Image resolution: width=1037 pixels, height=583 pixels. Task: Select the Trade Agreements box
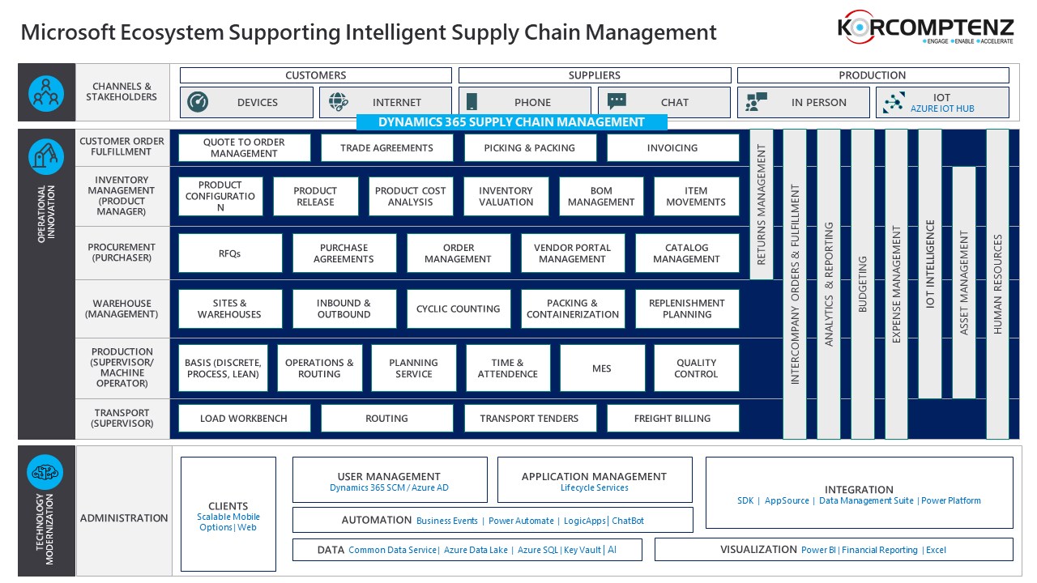[x=386, y=148]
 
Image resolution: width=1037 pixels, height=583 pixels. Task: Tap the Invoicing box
[x=672, y=148]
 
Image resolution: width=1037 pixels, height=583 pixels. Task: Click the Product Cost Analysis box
[x=411, y=197]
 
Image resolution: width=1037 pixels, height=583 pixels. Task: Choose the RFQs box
[x=230, y=253]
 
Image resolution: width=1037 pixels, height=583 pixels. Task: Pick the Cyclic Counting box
[x=458, y=309]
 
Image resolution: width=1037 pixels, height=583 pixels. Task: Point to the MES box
[x=602, y=368]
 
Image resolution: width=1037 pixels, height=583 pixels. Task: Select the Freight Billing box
[x=672, y=419]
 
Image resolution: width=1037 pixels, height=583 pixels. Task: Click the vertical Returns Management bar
[x=761, y=204]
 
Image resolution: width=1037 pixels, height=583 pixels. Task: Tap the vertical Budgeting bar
[x=863, y=283]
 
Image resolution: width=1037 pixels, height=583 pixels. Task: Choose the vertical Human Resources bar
[x=998, y=283]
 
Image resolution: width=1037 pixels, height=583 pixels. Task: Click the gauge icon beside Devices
[x=198, y=102]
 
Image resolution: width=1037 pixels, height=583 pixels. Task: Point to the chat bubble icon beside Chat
[x=617, y=101]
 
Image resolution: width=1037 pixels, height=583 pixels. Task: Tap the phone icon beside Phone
[x=472, y=102]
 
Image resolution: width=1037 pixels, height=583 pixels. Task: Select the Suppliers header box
[x=595, y=75]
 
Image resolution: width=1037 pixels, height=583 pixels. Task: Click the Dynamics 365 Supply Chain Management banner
[x=511, y=122]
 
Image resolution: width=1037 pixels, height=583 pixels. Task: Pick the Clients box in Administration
[x=228, y=514]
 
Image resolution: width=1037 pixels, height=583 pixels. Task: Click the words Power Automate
[x=521, y=521]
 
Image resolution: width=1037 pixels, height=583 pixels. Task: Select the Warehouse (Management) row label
[x=122, y=309]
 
